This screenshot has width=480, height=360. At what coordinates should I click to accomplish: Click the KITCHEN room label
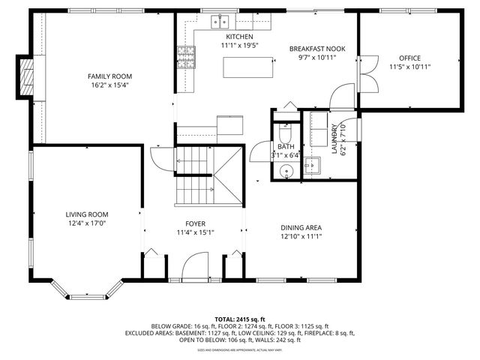pyautogui.click(x=236, y=36)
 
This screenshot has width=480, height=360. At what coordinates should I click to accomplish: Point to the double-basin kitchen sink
pyautogui.click(x=219, y=20)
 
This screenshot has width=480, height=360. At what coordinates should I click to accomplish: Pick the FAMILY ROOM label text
pyautogui.click(x=109, y=76)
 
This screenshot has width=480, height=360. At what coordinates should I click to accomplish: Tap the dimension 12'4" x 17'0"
pyautogui.click(x=87, y=223)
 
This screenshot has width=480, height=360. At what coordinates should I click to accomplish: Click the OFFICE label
pyautogui.click(x=409, y=58)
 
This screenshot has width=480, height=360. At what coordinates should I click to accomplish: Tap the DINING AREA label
pyautogui.click(x=301, y=227)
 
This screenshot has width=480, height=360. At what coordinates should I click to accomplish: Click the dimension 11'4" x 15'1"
pyautogui.click(x=195, y=232)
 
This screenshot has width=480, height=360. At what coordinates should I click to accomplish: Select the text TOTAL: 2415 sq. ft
pyautogui.click(x=240, y=319)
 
